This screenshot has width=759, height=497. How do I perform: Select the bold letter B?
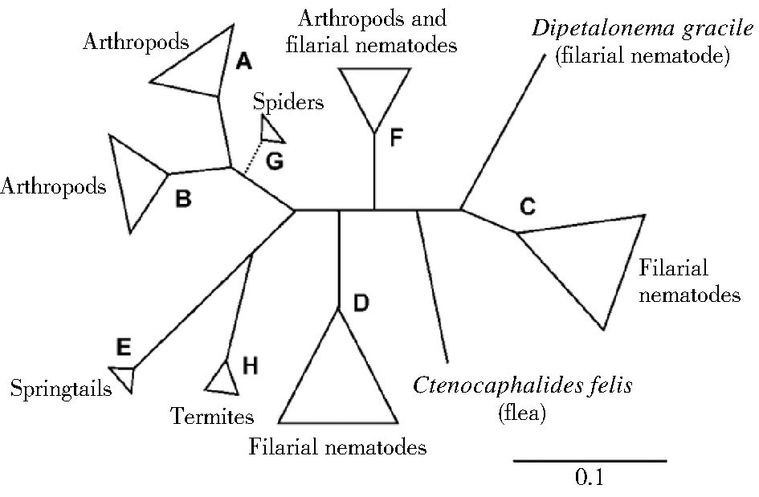tap(183, 198)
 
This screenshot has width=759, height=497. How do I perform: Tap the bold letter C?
tap(527, 206)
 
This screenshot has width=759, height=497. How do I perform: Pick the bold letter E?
tap(124, 347)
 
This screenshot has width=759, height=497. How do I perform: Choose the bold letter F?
tap(395, 137)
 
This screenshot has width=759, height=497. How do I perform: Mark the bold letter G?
tap(275, 161)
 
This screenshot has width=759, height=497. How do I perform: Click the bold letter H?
tap(250, 367)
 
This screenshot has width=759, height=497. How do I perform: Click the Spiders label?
tap(288, 102)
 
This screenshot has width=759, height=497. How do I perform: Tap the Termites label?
tap(212, 416)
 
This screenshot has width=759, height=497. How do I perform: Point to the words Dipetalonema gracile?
tap(641, 31)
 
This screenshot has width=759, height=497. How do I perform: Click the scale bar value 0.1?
tap(590, 479)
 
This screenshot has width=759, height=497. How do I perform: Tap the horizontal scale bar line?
tap(590, 461)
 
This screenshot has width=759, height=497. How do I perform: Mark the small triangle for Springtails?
tap(123, 377)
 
